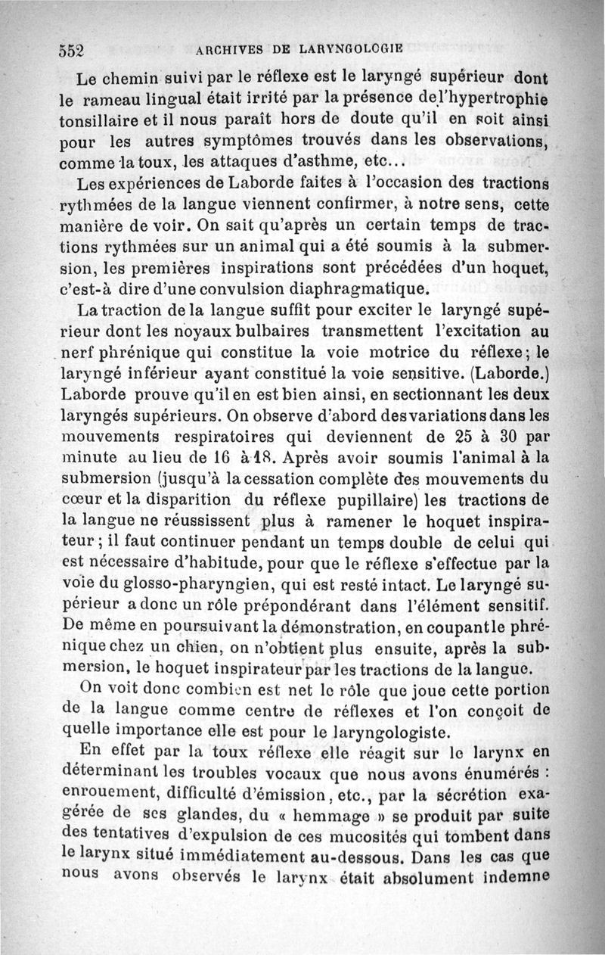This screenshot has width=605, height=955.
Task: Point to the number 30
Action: coord(510,437)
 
